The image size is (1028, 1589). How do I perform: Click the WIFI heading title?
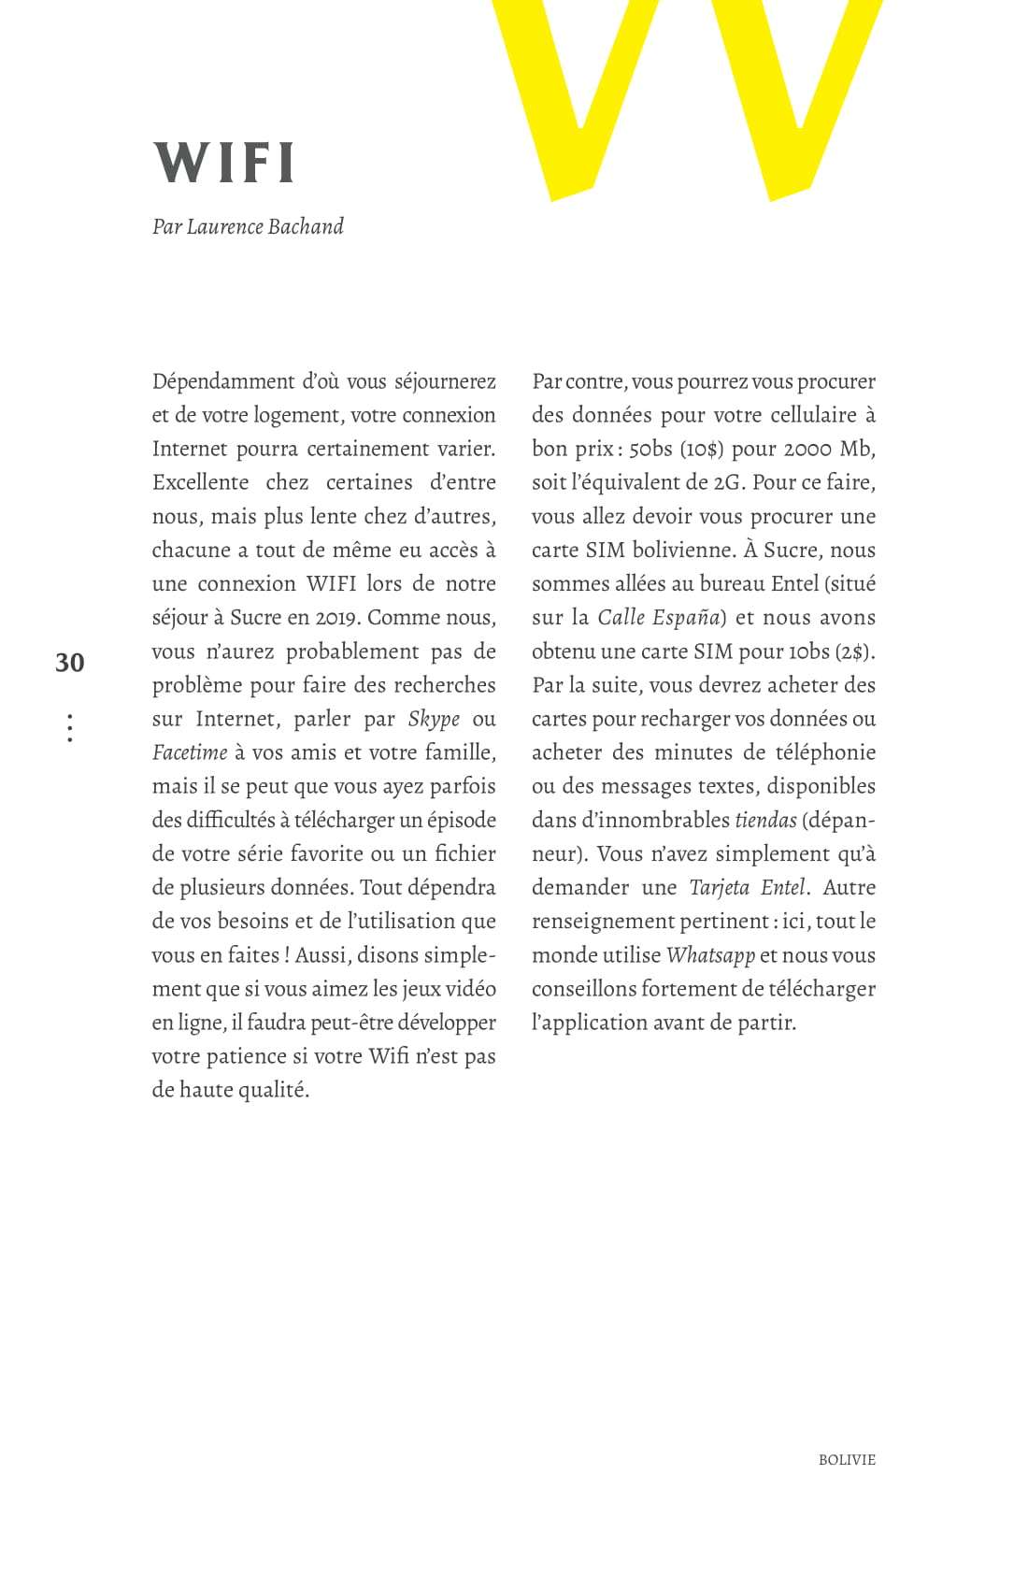(224, 163)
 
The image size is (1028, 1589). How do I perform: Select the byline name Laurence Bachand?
(264, 227)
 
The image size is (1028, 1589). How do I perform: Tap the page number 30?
(69, 663)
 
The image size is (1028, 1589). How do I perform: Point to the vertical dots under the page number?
(70, 728)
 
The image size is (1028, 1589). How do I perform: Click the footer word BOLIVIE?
(847, 1460)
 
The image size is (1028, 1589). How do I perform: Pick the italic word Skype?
(435, 719)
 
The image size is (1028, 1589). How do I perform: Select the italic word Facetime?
(190, 752)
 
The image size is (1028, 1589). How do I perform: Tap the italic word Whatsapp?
(710, 955)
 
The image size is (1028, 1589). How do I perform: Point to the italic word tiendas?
(765, 821)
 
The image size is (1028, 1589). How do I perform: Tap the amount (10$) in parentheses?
(702, 449)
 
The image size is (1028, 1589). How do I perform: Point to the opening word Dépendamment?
(223, 381)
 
